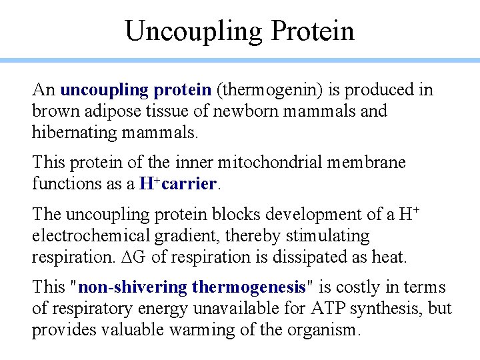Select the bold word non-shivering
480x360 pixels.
point(132,287)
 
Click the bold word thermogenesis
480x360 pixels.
point(248,287)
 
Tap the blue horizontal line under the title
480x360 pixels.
point(240,61)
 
